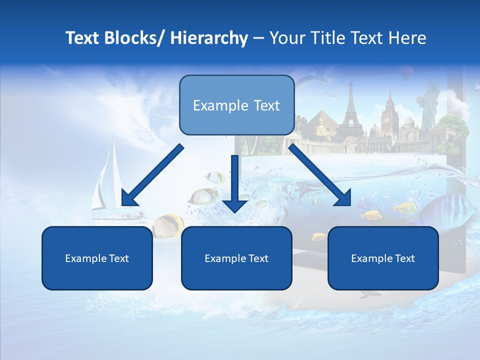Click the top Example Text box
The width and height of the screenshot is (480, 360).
pos(236,105)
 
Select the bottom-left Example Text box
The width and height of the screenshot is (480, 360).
pos(97,258)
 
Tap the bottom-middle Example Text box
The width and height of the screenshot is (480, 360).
pos(236,258)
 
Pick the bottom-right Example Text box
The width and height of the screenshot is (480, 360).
pos(383,258)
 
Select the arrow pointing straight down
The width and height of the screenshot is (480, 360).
pos(234,185)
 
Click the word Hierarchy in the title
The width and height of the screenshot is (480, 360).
pos(209,38)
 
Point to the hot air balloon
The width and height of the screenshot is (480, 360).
pos(405,74)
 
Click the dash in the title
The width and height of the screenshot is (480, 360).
pos(258,38)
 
